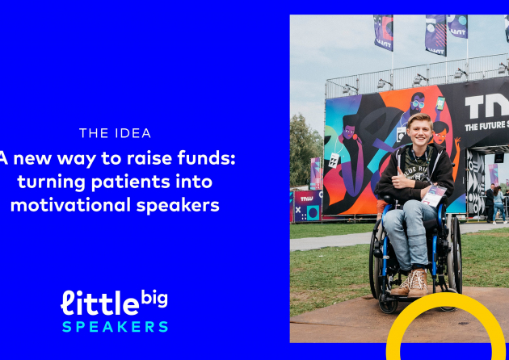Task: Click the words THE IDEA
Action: click(116, 133)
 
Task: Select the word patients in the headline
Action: click(131, 182)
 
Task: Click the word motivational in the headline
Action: click(71, 205)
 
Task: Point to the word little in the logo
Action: click(100, 303)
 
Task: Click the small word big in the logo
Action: click(154, 298)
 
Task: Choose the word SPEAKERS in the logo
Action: click(116, 327)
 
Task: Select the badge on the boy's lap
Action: click(434, 195)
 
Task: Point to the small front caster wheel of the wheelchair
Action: click(388, 306)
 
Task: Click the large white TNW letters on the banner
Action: click(486, 107)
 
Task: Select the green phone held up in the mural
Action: click(440, 103)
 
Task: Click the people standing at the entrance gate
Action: click(496, 203)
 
